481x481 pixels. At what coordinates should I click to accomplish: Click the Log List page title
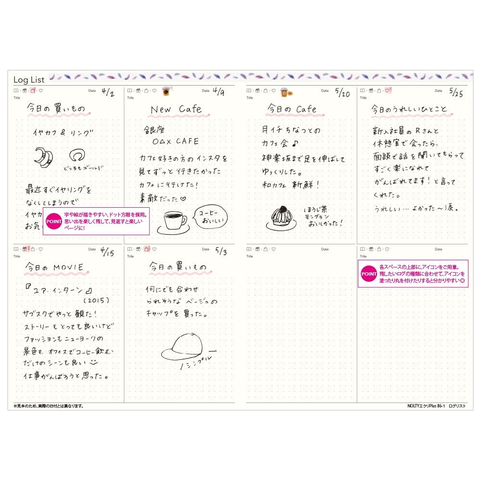point(29,79)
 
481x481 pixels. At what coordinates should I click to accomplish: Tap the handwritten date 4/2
point(108,93)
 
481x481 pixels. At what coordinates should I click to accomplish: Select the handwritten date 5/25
point(456,93)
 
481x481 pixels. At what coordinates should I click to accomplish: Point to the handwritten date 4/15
point(108,252)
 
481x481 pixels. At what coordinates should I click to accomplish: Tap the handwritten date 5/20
point(342,93)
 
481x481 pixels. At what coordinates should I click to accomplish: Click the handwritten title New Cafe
point(176,110)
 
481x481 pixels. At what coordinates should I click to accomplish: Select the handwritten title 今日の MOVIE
point(55,267)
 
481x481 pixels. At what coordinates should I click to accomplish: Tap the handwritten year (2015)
point(96,300)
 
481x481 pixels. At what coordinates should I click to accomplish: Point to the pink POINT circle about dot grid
point(53,221)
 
